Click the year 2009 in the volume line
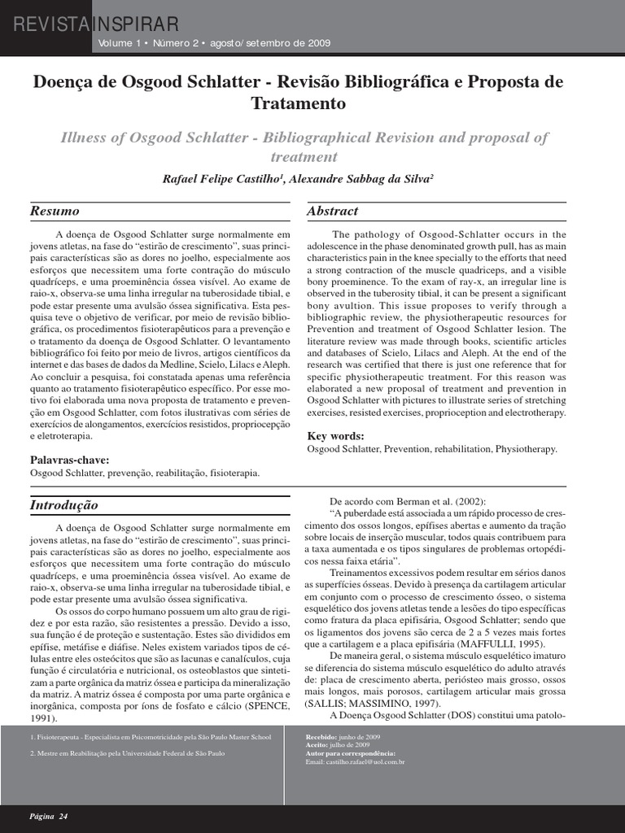[318, 43]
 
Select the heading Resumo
[55, 211]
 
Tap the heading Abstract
[332, 211]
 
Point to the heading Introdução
[64, 504]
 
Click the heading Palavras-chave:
[69, 460]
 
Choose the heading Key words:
[335, 436]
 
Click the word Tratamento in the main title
[299, 104]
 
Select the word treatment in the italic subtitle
[304, 156]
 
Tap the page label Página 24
[49, 816]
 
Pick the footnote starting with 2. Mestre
[127, 753]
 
